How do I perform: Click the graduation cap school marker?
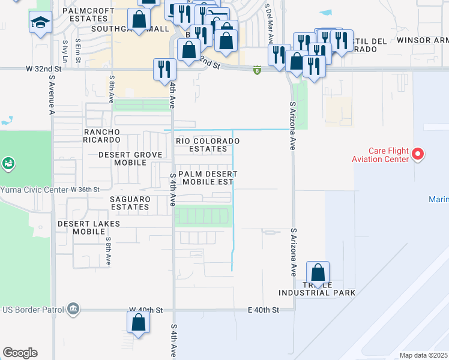point(40,23)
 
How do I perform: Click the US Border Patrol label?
point(32,310)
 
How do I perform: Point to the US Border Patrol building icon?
point(73,309)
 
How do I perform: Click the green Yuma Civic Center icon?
point(8,163)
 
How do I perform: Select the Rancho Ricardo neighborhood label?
point(102,136)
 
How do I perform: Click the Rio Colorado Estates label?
point(208,145)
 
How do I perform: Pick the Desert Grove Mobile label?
point(130,159)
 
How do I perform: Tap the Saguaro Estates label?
point(130,203)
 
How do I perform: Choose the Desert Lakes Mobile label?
point(89,228)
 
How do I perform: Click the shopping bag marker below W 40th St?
point(138,322)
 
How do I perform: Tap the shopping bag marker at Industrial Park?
point(318,273)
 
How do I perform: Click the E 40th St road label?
point(264,310)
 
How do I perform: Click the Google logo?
point(20,353)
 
